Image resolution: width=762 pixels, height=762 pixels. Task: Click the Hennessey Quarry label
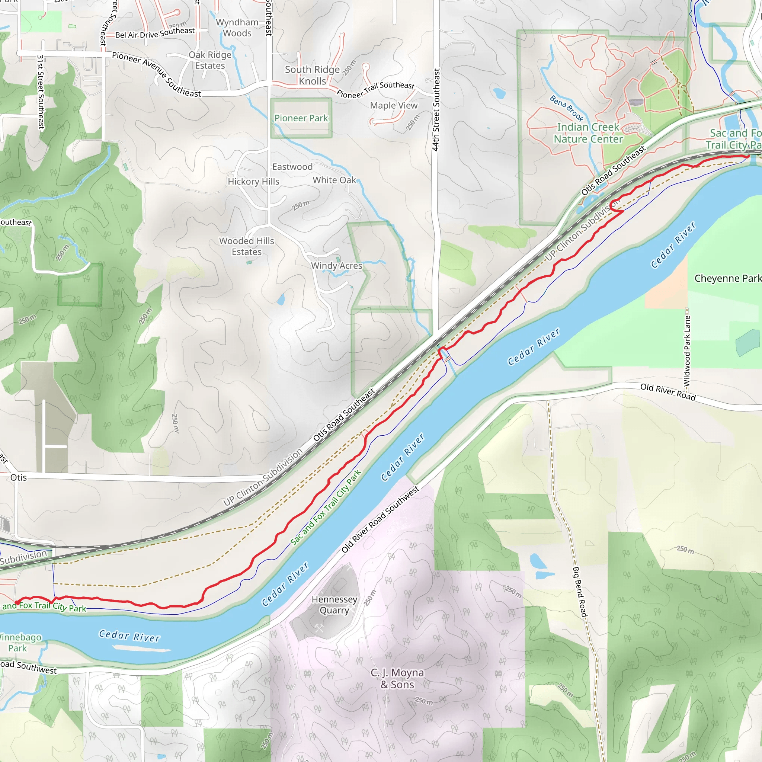pos(334,605)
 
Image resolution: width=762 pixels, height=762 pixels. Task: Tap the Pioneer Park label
pos(301,118)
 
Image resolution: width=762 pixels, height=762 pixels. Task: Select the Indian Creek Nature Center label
pos(588,133)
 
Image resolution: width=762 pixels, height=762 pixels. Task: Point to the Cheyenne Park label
pos(728,278)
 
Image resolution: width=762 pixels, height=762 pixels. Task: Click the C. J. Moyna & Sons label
pos(397,678)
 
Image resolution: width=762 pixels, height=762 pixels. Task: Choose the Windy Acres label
pos(336,266)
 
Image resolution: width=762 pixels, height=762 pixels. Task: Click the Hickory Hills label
pos(253,182)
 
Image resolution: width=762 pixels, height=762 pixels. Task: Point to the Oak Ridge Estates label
pos(210,60)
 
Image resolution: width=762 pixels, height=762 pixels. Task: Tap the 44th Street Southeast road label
pos(435,110)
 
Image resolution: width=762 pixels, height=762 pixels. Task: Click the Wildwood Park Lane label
pos(687,350)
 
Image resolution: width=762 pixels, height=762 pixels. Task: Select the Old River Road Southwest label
pos(380,519)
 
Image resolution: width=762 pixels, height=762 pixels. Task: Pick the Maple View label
pos(393,106)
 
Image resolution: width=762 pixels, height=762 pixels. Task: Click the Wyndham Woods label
pos(237,28)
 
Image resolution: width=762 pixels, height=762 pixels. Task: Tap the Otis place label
pos(19,478)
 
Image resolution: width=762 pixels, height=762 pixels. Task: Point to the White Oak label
pos(334,180)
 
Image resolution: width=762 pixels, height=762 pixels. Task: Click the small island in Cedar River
pos(142,648)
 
